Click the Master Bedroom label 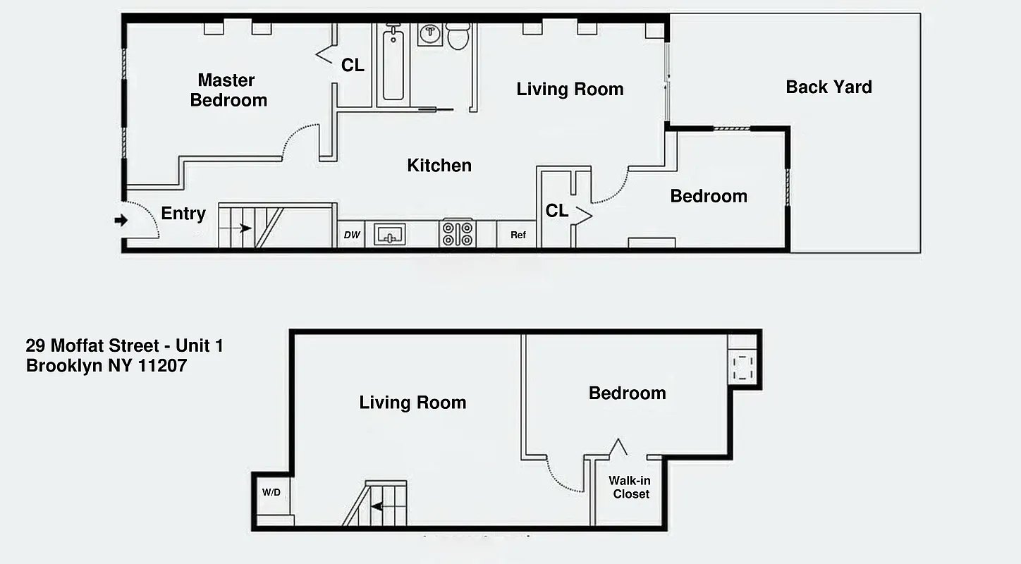click(x=228, y=90)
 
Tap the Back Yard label click(x=829, y=87)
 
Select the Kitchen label click(x=439, y=166)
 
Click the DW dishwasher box click(x=351, y=235)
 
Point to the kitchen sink click(x=389, y=234)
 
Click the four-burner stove click(x=458, y=234)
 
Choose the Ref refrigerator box click(x=518, y=235)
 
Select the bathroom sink click(x=429, y=34)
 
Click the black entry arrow click(x=121, y=221)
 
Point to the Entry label click(x=183, y=214)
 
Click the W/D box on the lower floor click(x=271, y=492)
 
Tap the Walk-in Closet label click(x=630, y=487)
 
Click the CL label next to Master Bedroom click(x=353, y=66)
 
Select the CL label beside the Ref click(x=556, y=211)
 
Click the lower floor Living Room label click(x=412, y=403)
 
